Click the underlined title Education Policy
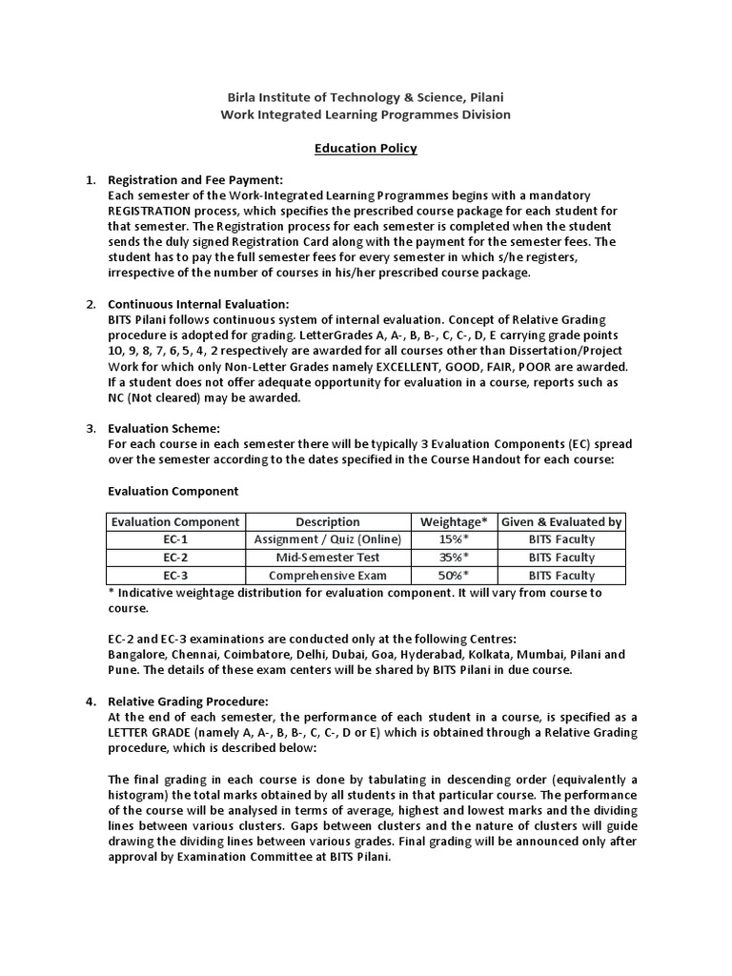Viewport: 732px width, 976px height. click(x=366, y=149)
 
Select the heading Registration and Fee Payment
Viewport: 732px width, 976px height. click(x=195, y=180)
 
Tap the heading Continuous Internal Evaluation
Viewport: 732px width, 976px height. click(x=198, y=304)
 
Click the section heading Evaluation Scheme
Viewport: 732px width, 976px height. click(x=165, y=429)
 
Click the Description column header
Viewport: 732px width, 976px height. click(x=328, y=521)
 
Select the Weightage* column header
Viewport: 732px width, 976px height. click(x=454, y=521)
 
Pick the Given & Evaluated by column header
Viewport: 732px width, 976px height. click(x=561, y=521)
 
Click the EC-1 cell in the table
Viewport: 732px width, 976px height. click(x=175, y=539)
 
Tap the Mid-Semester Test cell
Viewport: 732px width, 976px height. click(x=328, y=558)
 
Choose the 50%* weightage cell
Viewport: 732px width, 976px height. click(x=454, y=576)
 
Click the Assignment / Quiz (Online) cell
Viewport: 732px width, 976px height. click(x=328, y=539)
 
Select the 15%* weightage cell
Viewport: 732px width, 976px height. click(x=454, y=539)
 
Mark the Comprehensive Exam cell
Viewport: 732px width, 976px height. click(x=328, y=576)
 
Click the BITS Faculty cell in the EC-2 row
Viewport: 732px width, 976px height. click(x=561, y=558)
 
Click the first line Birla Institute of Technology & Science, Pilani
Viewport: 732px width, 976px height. click(x=366, y=97)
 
